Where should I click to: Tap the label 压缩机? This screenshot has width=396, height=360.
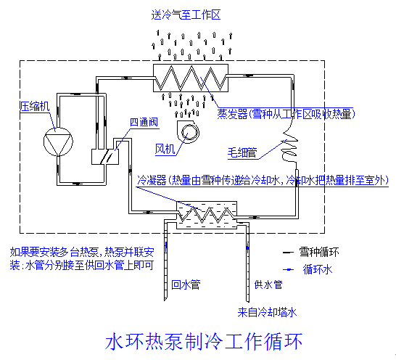(x=34, y=107)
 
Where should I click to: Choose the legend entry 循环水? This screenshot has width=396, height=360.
(x=317, y=269)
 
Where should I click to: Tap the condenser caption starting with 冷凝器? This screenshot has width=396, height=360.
(x=261, y=180)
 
